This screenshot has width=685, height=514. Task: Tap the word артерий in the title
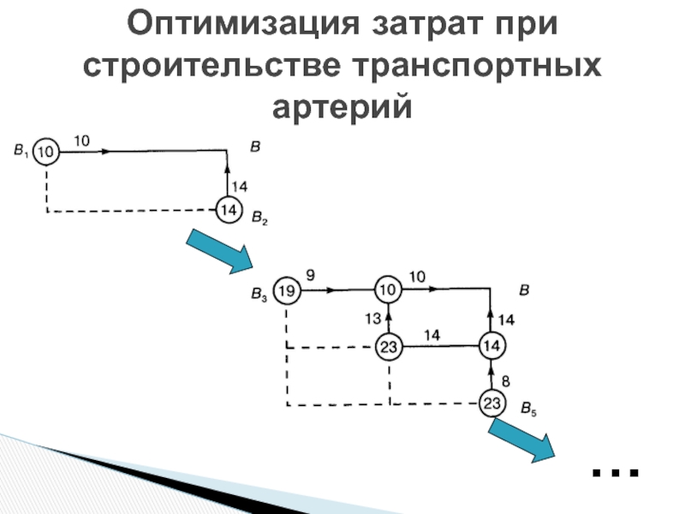(x=342, y=107)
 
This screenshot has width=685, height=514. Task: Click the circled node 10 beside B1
(x=46, y=152)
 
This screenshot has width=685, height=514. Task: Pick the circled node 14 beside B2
(x=228, y=209)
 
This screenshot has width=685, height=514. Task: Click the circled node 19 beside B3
(x=287, y=291)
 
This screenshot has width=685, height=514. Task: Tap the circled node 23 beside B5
(x=491, y=403)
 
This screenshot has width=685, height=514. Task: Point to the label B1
(x=21, y=152)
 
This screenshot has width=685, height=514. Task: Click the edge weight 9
(x=309, y=276)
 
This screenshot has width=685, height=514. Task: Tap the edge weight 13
(x=372, y=320)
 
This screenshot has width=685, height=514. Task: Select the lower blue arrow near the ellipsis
(x=521, y=439)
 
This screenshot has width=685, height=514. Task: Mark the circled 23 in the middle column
(x=389, y=347)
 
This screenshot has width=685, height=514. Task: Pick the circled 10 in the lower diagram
(x=389, y=291)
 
